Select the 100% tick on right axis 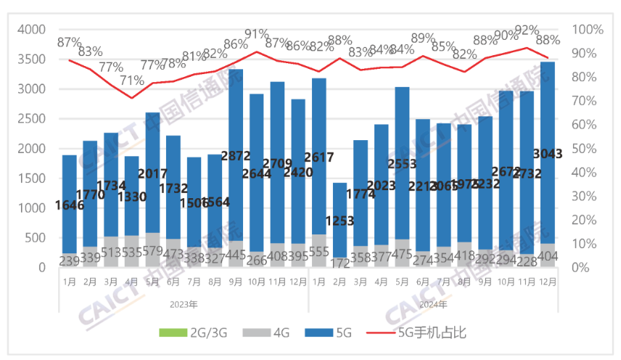pyautogui.click(x=588, y=30)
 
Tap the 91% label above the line pyautogui.click(x=256, y=34)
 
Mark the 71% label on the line pyautogui.click(x=131, y=81)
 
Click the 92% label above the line pyautogui.click(x=527, y=30)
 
